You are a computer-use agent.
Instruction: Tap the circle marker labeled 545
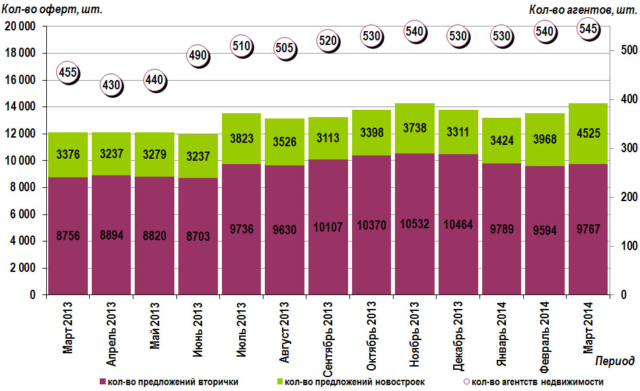click(x=588, y=28)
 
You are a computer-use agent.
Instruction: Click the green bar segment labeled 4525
click(x=587, y=134)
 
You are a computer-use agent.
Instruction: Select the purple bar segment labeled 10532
click(x=414, y=224)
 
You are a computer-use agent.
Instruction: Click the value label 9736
click(x=242, y=229)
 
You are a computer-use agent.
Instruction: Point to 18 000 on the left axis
click(x=22, y=54)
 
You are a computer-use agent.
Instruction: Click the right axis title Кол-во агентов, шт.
click(x=581, y=9)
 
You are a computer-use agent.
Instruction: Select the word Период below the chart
click(x=614, y=361)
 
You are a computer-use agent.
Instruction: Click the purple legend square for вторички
click(x=102, y=382)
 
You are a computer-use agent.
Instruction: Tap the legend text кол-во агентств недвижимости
click(x=538, y=382)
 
